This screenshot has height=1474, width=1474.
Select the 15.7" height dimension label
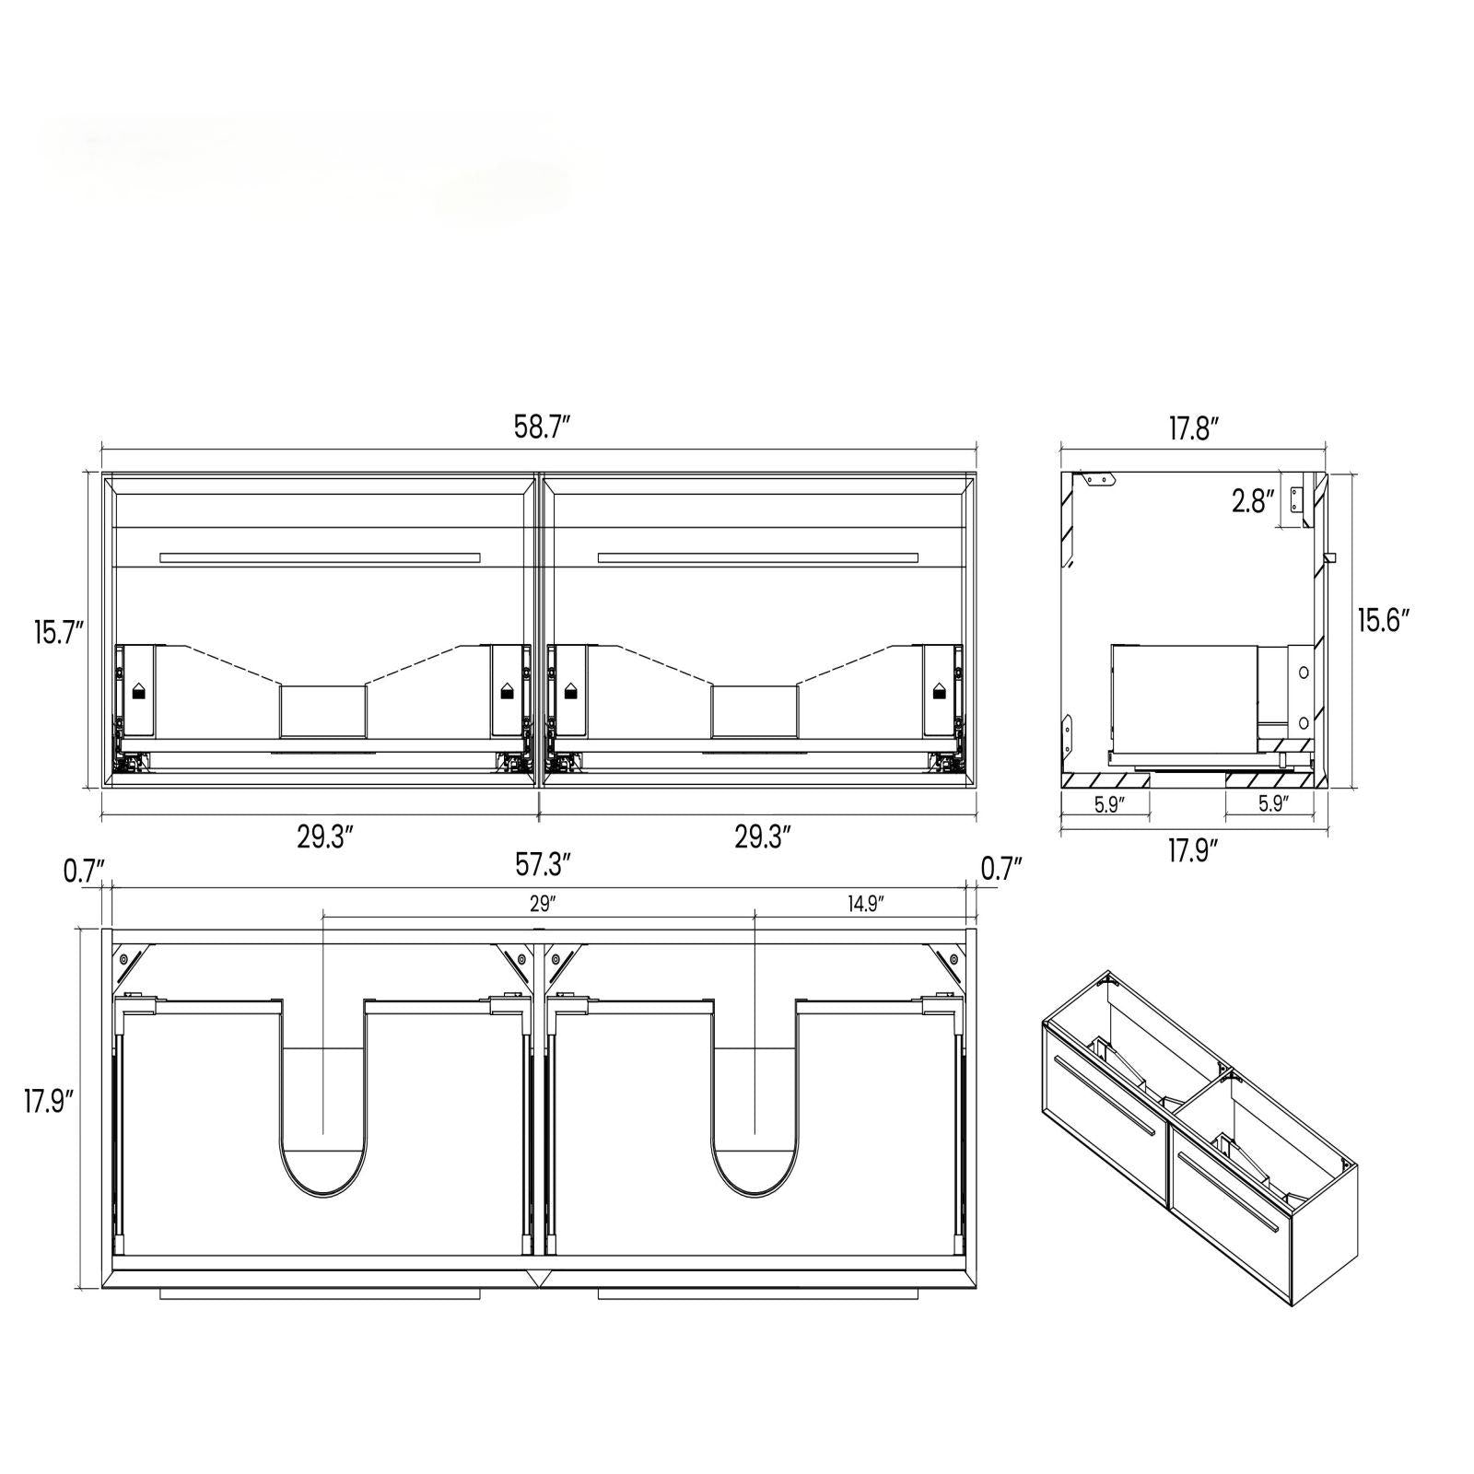pos(59,633)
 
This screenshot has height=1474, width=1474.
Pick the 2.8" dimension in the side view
pos(1253,502)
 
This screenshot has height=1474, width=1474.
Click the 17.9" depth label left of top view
pos(49,1101)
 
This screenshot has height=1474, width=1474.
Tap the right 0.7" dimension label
pos(1001,870)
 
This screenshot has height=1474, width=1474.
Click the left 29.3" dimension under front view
pos(325,837)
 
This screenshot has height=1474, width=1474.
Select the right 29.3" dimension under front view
pos(763,837)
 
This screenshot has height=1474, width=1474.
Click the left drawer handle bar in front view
pos(320,557)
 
